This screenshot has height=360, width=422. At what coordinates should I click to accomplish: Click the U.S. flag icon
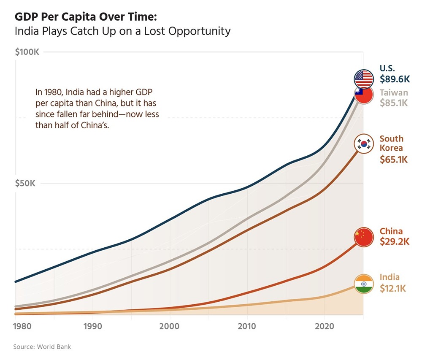coord(364,78)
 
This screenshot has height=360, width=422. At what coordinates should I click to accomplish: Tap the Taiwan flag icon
coord(364,95)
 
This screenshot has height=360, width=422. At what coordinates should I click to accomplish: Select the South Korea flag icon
coord(364,144)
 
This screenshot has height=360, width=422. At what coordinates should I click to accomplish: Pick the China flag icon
coord(364,237)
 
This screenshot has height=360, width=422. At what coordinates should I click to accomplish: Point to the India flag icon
coord(364,284)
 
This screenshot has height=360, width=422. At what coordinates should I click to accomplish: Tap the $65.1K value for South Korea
coord(394,160)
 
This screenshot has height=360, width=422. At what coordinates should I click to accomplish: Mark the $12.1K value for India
coord(392,288)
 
